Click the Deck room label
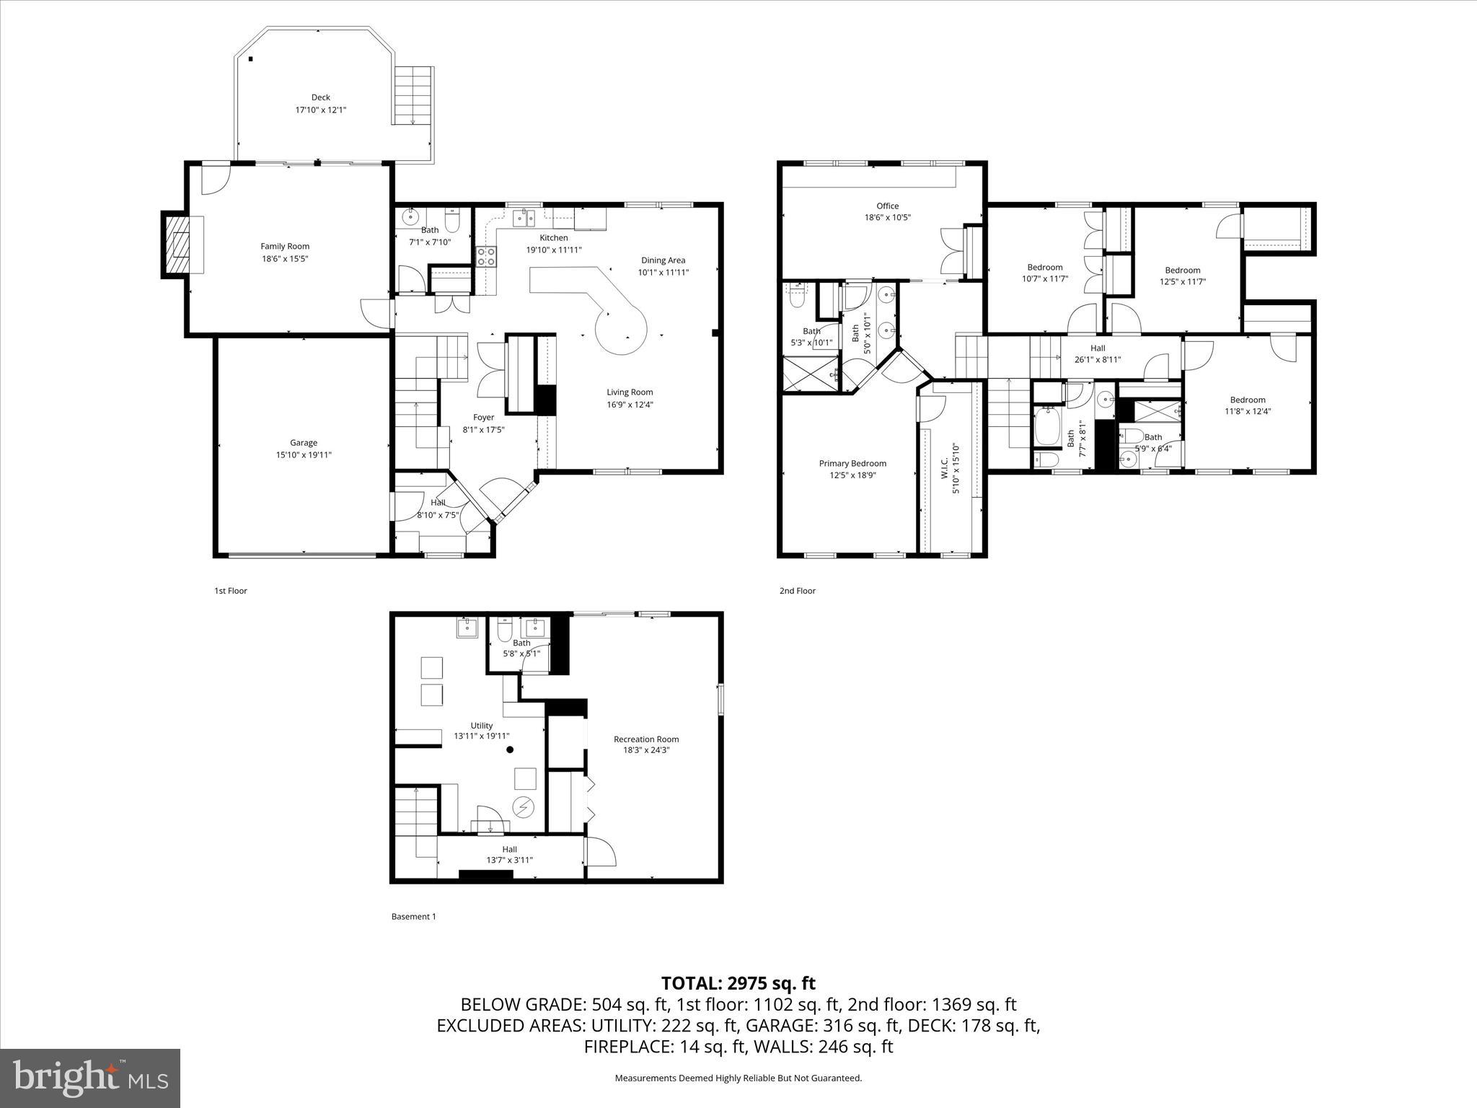click(321, 97)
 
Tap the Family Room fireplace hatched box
click(177, 247)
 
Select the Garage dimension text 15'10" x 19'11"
click(304, 455)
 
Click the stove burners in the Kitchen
click(486, 257)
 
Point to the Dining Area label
click(663, 260)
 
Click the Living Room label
click(630, 392)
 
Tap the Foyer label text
click(483, 417)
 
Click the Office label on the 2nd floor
click(887, 206)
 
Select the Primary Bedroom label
click(852, 463)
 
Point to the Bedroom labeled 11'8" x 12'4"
click(1247, 400)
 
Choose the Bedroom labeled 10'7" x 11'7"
click(1044, 267)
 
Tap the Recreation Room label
click(645, 739)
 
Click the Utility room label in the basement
click(481, 726)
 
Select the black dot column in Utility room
click(510, 749)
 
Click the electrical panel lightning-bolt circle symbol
click(522, 806)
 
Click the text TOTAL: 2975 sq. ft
click(738, 983)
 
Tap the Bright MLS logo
click(90, 1078)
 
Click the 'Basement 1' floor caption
click(413, 917)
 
